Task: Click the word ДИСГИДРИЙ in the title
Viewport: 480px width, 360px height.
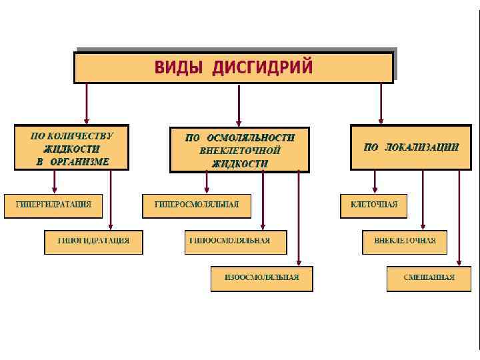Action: pos(263,67)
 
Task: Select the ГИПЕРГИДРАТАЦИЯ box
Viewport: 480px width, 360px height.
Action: pos(53,205)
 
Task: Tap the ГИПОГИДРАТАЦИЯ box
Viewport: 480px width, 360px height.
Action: pos(93,241)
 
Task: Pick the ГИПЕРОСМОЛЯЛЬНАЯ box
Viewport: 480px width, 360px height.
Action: pos(197,205)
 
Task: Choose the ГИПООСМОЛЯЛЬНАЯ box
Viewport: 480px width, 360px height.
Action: pos(235,241)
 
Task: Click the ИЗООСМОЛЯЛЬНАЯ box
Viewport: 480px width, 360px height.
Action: pos(262,278)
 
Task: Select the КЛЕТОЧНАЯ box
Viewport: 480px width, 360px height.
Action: pos(373,205)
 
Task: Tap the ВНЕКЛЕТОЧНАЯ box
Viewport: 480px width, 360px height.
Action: pos(405,241)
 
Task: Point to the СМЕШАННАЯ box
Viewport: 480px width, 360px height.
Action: pos(429,278)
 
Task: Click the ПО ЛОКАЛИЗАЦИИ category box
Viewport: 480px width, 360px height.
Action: pos(411,147)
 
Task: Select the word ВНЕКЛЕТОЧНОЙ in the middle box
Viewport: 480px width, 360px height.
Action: pos(240,151)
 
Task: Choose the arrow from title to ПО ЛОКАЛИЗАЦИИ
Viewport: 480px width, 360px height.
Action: pos(381,103)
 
